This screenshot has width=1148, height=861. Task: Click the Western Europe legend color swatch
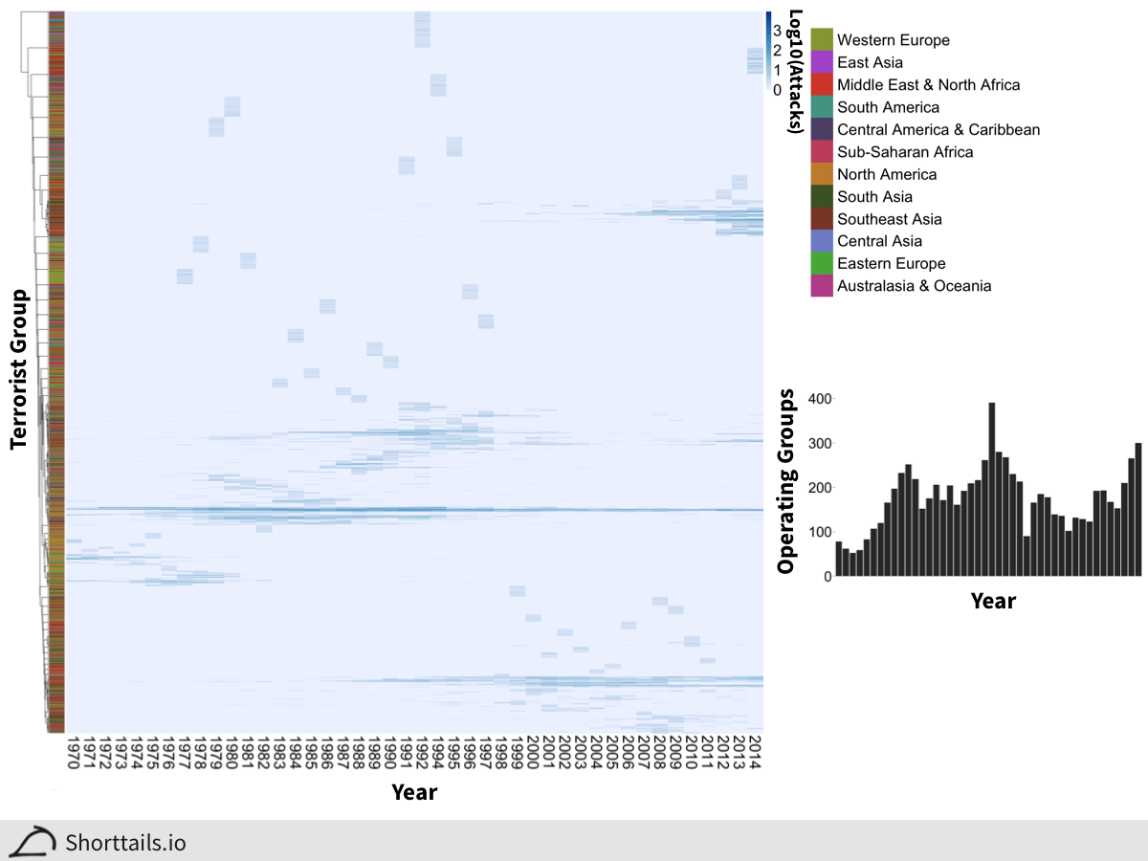[822, 40]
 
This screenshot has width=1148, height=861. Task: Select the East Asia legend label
[870, 62]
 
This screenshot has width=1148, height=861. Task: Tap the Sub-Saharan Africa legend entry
[905, 152]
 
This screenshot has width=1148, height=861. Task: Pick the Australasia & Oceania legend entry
[914, 286]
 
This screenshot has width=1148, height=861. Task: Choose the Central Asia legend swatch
[822, 241]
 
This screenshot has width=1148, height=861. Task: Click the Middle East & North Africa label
[928, 85]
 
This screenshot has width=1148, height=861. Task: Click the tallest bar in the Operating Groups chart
[992, 489]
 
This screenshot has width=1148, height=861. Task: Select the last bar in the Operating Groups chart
[1138, 509]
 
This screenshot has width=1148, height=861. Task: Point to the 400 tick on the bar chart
[820, 399]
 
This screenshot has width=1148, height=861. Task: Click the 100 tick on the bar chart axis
[820, 533]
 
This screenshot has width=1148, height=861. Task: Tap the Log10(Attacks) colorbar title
[793, 72]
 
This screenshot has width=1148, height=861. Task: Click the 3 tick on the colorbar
[777, 30]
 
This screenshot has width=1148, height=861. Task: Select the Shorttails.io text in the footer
[125, 843]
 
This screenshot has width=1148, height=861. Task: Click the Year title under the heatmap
[414, 792]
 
